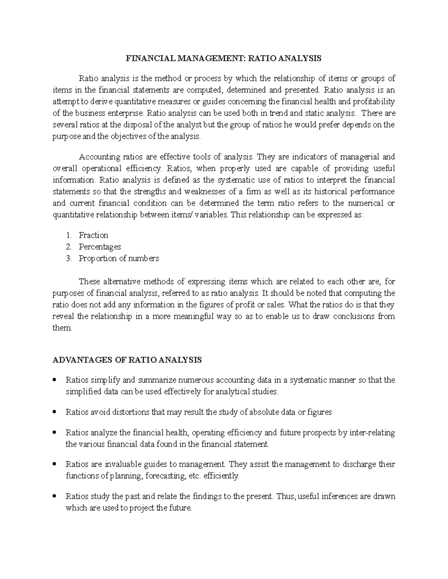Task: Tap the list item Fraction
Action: tap(93, 235)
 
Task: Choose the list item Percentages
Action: tap(100, 247)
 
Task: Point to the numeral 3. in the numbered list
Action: tap(69, 258)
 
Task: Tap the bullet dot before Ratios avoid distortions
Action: tap(55, 412)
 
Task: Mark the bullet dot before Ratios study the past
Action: tap(55, 497)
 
